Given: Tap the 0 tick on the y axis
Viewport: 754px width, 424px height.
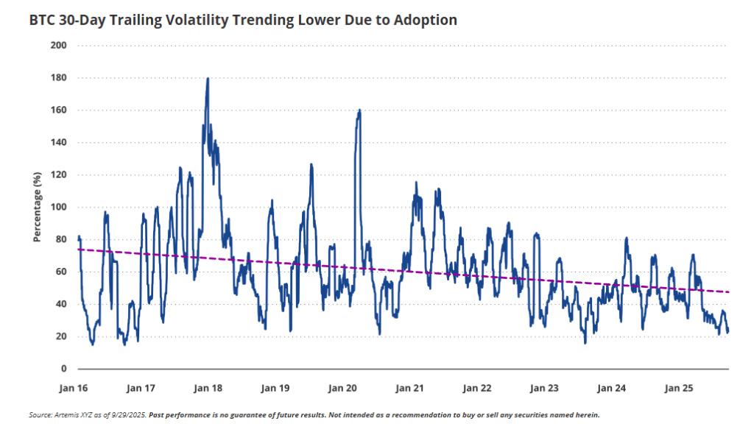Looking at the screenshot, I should (64, 369).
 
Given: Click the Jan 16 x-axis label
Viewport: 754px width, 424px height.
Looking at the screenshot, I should (73, 387).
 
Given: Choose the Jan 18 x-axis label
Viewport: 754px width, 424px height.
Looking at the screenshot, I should (208, 387).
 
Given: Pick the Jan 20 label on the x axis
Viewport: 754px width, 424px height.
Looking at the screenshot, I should (342, 387).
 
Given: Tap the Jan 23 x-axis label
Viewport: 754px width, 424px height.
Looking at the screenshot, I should (544, 387).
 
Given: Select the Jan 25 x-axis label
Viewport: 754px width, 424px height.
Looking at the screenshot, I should (679, 387).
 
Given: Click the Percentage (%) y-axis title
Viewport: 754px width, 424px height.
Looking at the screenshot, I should (37, 208).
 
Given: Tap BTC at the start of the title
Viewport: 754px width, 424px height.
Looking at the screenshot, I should (42, 20).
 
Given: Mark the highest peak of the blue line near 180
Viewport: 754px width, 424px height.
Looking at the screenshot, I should (208, 79).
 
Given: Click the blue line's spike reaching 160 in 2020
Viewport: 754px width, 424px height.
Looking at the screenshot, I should (359, 110).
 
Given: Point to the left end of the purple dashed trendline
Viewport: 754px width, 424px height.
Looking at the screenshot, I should (77, 250).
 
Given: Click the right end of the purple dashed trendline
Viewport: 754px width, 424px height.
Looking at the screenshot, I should (729, 292).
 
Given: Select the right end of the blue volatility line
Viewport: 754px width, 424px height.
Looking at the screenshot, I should (728, 331).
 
